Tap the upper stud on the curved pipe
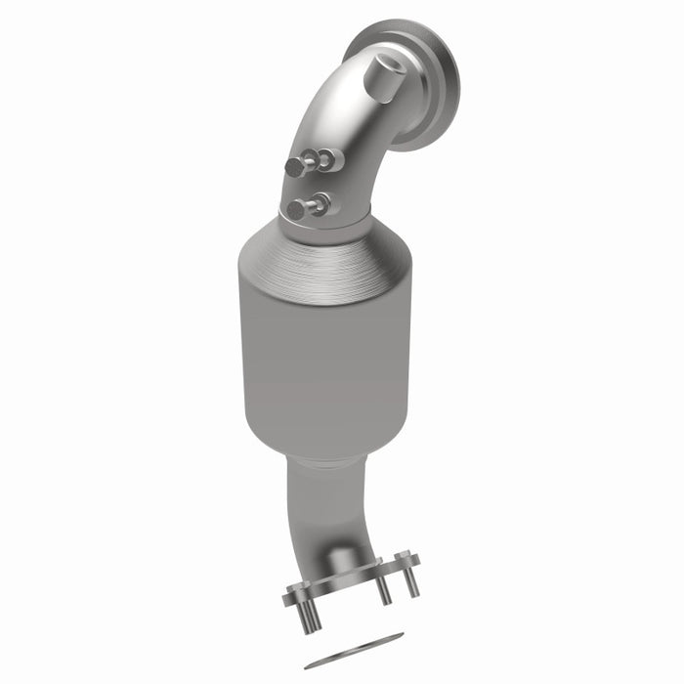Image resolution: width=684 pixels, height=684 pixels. point(296,167)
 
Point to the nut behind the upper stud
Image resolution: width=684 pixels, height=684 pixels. point(329,158)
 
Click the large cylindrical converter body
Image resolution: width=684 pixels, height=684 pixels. point(322,352)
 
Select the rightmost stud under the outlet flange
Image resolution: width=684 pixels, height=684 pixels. point(411,582)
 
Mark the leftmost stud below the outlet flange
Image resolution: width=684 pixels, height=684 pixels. point(307,615)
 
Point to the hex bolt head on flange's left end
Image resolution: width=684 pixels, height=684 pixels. point(293,592)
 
